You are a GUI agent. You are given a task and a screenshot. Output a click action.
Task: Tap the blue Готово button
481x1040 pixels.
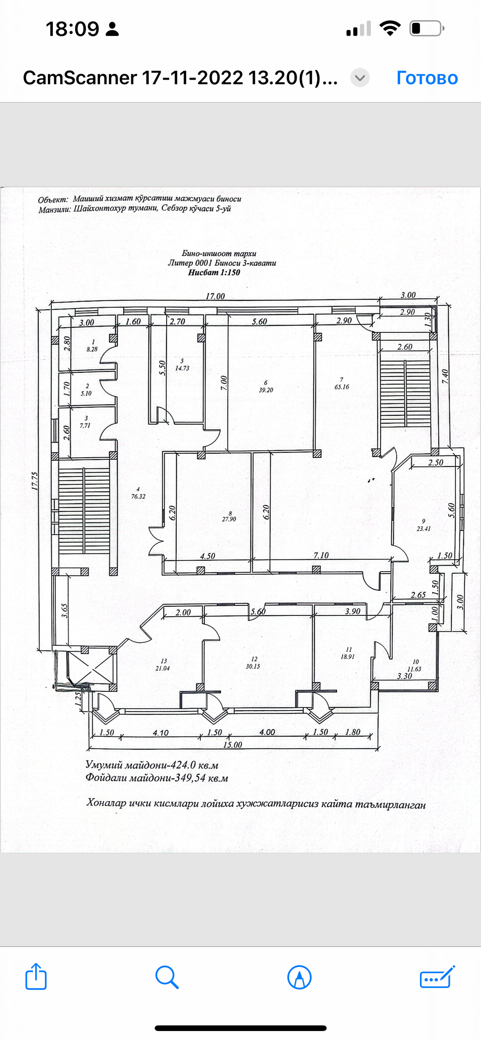click(427, 78)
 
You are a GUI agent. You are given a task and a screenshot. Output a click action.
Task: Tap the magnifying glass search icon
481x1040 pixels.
click(167, 977)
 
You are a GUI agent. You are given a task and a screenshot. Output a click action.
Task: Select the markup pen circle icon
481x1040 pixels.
click(300, 977)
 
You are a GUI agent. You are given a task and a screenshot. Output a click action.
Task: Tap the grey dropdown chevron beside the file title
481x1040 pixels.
click(360, 78)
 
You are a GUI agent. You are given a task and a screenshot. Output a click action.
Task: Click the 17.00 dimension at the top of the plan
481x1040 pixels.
click(215, 296)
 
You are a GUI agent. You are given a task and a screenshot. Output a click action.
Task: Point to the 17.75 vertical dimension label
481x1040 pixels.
click(35, 481)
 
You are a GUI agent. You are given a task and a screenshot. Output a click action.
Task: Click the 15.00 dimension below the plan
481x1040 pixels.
click(233, 745)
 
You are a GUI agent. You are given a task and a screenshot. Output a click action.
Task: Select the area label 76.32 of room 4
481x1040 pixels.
click(138, 496)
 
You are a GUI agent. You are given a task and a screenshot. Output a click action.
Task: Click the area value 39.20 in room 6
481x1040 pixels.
click(266, 390)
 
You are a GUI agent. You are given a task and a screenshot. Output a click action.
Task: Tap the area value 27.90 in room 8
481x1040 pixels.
click(229, 519)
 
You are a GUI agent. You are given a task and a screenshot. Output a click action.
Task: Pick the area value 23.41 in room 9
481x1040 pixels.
click(423, 529)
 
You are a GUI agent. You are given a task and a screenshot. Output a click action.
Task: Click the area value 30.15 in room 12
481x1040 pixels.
click(252, 666)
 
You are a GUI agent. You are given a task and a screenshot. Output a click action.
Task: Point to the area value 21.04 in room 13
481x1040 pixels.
click(162, 668)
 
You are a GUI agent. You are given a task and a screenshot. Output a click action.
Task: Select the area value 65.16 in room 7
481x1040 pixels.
click(342, 387)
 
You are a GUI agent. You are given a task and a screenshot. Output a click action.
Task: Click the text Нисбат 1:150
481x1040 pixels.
click(214, 273)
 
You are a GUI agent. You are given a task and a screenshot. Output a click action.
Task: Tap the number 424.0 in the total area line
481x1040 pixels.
click(183, 765)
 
